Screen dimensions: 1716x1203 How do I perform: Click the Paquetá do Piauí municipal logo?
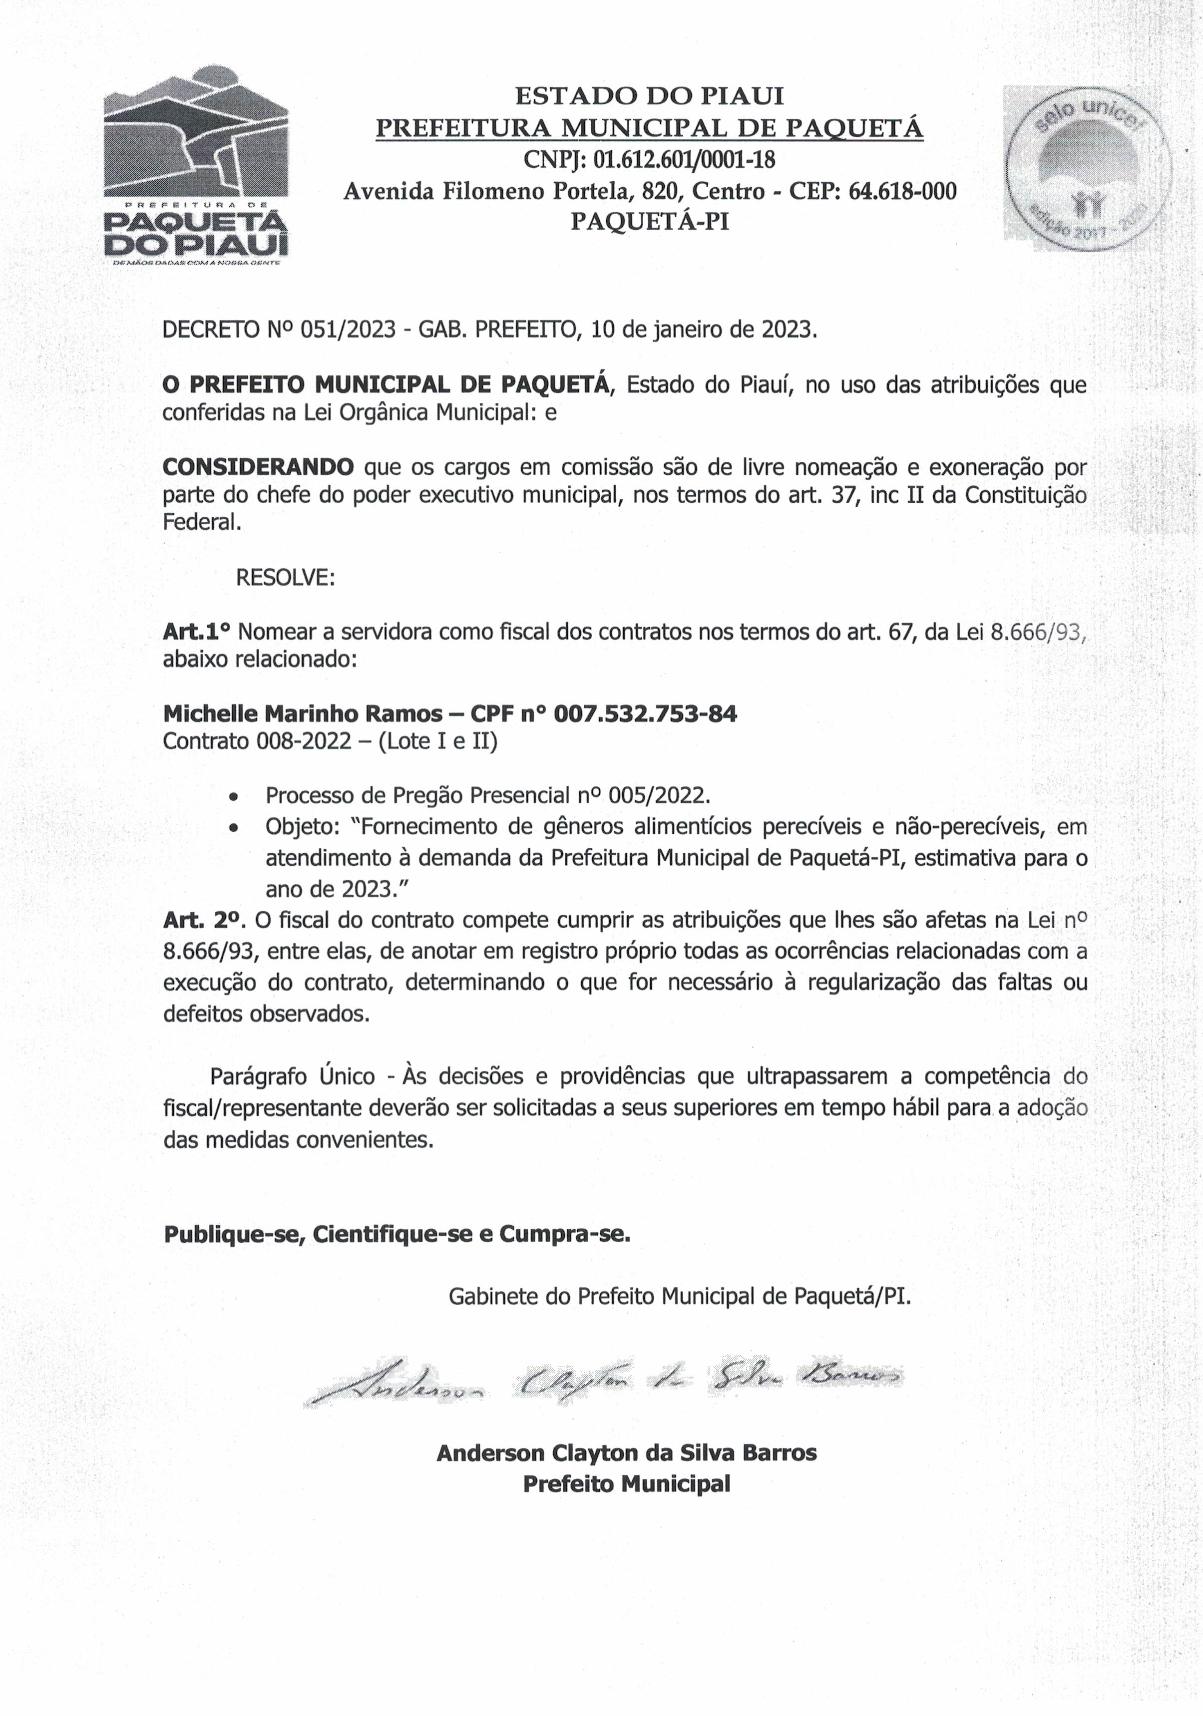coord(196,169)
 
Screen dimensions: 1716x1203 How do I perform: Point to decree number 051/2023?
coord(347,330)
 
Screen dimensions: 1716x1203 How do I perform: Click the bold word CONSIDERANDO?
coord(259,467)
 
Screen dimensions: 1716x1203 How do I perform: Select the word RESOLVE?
coord(285,578)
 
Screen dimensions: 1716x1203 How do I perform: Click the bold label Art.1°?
coord(197,632)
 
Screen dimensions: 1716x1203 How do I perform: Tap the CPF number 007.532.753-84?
coord(645,714)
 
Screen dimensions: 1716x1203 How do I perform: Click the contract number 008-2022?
coord(304,742)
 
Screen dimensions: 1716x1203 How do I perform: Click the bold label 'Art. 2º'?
coord(205,920)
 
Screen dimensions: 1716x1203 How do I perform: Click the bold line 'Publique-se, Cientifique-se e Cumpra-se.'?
coord(397,1234)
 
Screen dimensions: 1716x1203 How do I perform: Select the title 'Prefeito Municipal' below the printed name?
coord(627,1483)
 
